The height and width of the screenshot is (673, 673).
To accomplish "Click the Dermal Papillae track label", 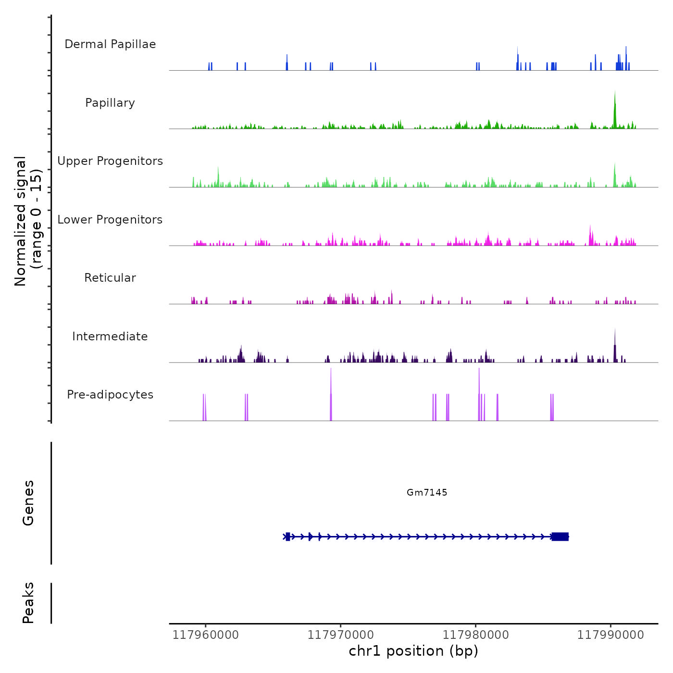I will [x=110, y=44].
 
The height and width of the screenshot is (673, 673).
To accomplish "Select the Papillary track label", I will [x=110, y=103].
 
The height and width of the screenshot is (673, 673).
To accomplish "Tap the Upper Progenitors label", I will [x=110, y=161].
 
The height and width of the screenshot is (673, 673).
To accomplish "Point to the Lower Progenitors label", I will [x=110, y=220].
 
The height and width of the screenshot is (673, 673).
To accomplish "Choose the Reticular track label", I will [x=110, y=278].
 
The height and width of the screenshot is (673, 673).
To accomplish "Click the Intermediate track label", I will [x=110, y=336].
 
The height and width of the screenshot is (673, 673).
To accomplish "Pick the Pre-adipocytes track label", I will [x=110, y=395].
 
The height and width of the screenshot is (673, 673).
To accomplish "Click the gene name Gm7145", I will [x=427, y=492].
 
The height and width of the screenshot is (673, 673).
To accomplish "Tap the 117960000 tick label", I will [x=205, y=635].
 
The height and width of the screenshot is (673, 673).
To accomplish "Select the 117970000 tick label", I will [x=340, y=635].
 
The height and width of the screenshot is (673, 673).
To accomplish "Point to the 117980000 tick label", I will [x=475, y=635].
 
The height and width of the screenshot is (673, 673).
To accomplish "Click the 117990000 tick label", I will [x=611, y=635].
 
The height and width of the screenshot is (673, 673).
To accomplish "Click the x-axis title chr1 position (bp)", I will [x=413, y=651].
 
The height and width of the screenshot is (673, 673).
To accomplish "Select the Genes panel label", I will [x=28, y=503].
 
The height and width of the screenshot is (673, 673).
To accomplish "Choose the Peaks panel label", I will [x=28, y=603].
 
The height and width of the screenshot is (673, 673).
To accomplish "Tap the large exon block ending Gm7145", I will [x=560, y=536].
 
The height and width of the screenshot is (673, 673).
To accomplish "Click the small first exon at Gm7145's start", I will [x=287, y=536].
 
